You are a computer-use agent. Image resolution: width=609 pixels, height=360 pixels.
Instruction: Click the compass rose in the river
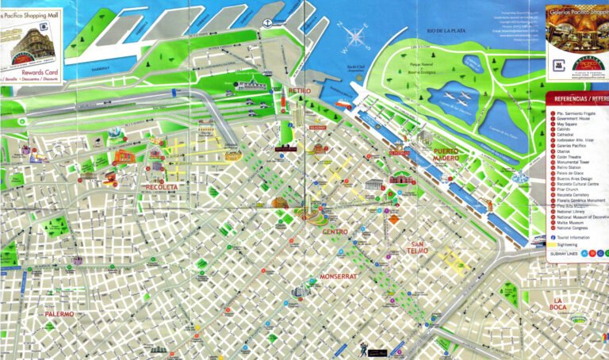tap(356, 36)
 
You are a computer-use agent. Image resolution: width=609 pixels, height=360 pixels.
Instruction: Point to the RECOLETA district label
tap(162, 187)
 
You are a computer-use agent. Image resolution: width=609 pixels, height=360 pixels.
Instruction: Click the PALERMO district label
tap(59, 314)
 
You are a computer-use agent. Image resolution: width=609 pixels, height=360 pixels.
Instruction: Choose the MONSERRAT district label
tap(339, 277)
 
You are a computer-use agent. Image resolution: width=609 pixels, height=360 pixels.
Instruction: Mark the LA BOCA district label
tap(560, 304)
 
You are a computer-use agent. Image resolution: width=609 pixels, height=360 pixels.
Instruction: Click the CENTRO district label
tap(335, 232)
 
